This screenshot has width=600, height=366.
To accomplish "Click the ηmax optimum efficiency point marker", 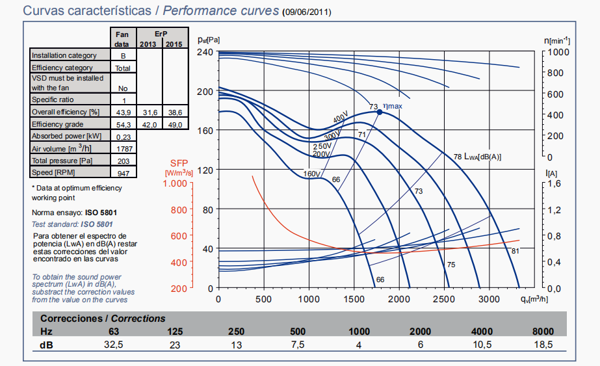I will pos(380,112).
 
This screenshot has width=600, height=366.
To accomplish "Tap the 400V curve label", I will pos(341,118).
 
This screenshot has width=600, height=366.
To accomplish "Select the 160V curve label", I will pos(313,174).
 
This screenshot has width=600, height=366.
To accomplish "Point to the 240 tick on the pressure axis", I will pos(205,52).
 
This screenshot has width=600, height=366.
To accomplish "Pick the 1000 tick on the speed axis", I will pos(558,52).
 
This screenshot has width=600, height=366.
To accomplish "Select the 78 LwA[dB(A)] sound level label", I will pos(477,157).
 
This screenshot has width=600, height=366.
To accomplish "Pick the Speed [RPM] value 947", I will pos(123,173).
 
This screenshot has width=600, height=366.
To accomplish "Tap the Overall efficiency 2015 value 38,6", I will pos(174,112).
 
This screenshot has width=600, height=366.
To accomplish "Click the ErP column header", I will pos(162,33).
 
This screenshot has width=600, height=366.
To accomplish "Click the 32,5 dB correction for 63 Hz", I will pos(114,345).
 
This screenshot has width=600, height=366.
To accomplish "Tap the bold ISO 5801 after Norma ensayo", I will pos(101,213).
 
